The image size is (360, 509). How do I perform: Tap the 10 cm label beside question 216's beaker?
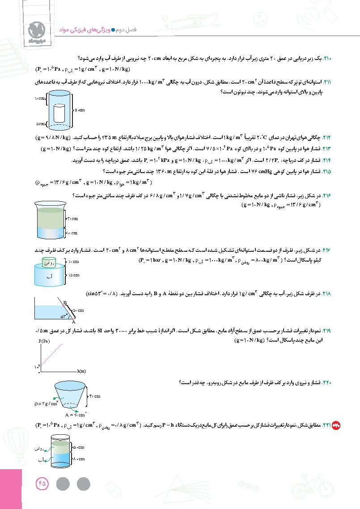pyautogui.click(x=72, y=233)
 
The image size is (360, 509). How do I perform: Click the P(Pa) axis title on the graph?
pyautogui.click(x=45, y=340)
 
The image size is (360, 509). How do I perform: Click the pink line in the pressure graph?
pyautogui.click(x=58, y=353)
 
